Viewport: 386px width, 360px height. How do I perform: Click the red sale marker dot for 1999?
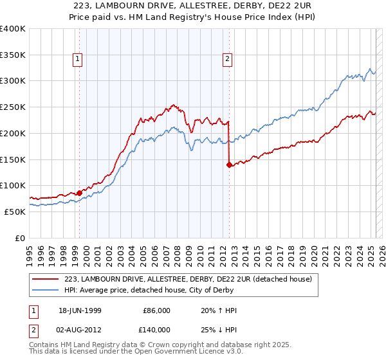pos(79,192)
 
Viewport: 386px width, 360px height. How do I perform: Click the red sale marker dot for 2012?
pos(228,165)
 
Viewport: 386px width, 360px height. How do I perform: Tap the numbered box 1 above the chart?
pos(77,60)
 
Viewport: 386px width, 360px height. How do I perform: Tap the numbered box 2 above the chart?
pos(228,60)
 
